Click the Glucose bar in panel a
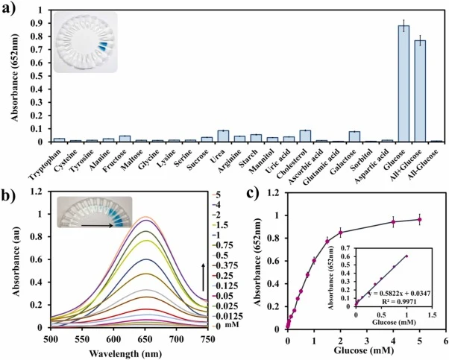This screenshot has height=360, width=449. (x=404, y=83)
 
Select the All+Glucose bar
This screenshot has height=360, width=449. (x=420, y=91)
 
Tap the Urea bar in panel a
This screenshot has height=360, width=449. (x=223, y=136)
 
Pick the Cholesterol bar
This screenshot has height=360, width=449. (x=305, y=136)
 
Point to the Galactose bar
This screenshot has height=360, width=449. (x=354, y=137)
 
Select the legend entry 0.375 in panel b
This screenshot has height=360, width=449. (x=227, y=265)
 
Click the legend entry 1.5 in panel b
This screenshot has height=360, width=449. (x=222, y=225)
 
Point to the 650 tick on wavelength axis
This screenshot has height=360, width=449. (x=145, y=339)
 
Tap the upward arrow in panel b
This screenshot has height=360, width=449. (x=203, y=277)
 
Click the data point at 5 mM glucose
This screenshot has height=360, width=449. (x=419, y=219)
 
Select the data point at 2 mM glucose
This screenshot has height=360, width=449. (x=340, y=233)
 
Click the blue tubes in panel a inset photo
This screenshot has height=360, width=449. (x=102, y=46)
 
